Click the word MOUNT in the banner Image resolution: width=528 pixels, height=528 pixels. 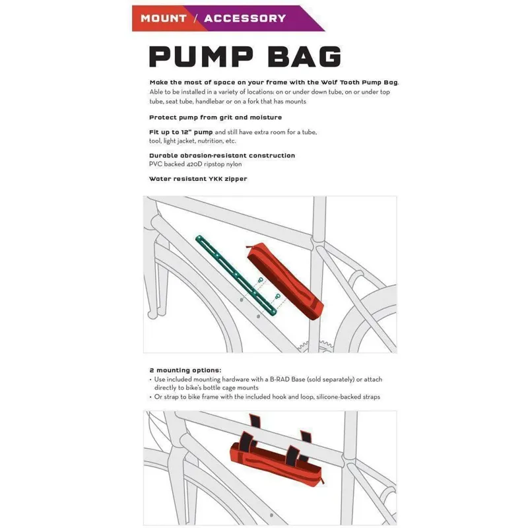coord(163,18)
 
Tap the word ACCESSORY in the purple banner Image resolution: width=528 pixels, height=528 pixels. coord(245,18)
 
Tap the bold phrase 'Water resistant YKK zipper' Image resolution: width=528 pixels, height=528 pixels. coord(198,178)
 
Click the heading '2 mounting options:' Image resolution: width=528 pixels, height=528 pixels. coord(185,370)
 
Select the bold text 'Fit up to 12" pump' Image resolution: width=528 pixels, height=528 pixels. coord(180,132)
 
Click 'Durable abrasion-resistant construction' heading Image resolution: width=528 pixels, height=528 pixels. coord(222,155)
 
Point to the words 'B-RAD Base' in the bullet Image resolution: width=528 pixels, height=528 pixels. coord(290,379)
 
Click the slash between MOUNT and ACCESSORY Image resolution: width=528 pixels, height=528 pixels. coord(195,18)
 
